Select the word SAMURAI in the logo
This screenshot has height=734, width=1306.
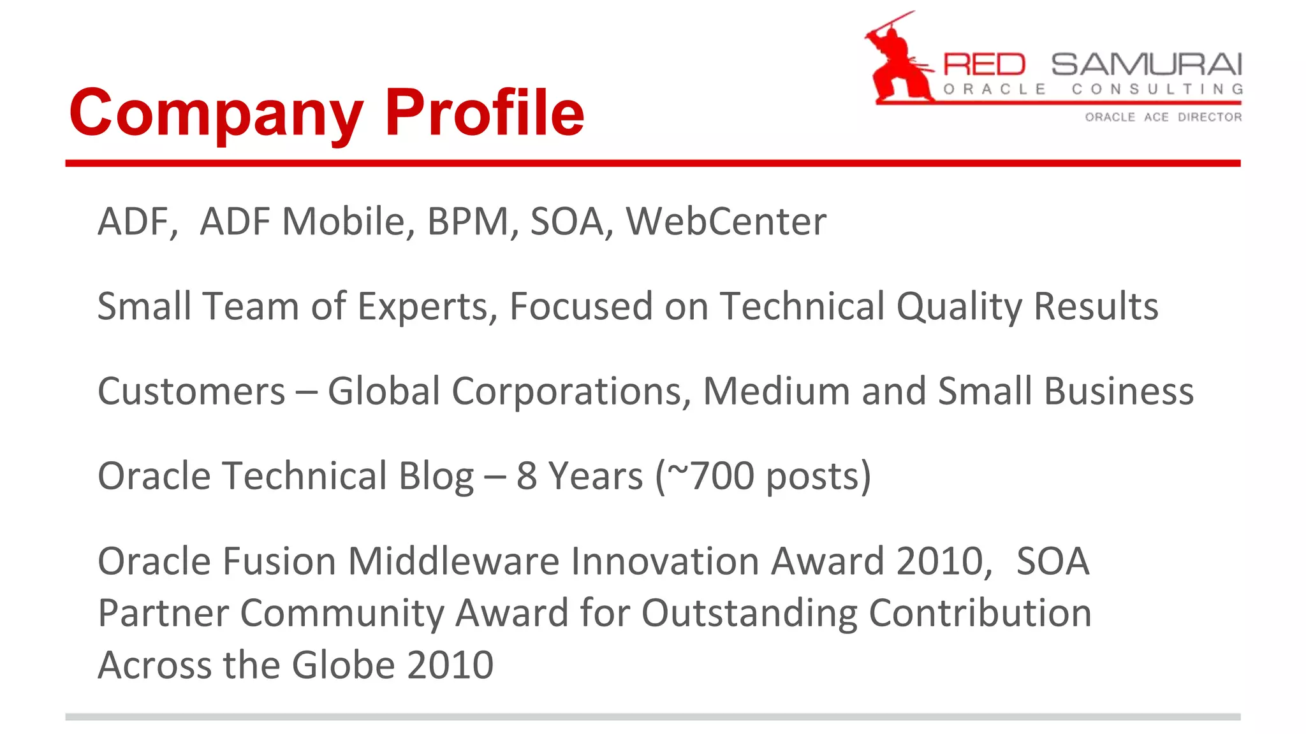(x=1146, y=64)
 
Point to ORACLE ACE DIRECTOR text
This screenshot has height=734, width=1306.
(x=1163, y=117)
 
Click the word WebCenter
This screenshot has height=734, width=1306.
(x=726, y=222)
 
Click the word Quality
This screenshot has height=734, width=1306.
(x=958, y=306)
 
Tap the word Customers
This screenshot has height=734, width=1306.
(x=191, y=391)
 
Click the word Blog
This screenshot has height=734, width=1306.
(x=436, y=476)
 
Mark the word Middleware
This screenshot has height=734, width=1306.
(x=453, y=561)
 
